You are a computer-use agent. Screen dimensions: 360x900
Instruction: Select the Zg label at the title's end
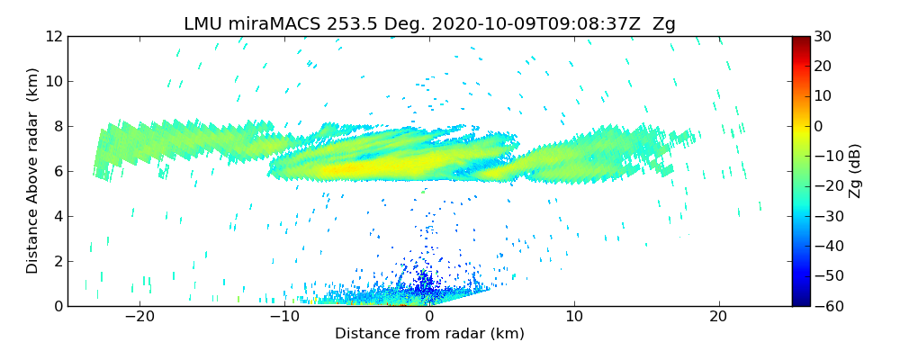tap(663, 24)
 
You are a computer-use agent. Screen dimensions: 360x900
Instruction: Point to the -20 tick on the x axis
tap(140, 317)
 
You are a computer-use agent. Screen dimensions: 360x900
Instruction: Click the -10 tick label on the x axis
tap(284, 317)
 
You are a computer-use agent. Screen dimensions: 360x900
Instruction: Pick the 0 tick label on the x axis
tap(429, 317)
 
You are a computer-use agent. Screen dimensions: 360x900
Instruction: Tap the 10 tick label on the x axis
tap(574, 317)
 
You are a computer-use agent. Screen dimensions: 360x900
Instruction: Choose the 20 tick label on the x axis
tap(718, 317)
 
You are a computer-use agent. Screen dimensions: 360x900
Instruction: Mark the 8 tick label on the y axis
tap(58, 126)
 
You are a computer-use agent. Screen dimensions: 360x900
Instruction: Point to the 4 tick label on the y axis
tap(58, 216)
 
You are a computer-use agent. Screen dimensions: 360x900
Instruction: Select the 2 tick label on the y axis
tap(58, 261)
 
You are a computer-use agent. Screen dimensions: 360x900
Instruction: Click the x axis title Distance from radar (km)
tap(429, 334)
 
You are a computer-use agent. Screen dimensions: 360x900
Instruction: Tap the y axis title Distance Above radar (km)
tap(33, 171)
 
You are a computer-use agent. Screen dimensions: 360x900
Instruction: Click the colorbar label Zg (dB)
tap(856, 171)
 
